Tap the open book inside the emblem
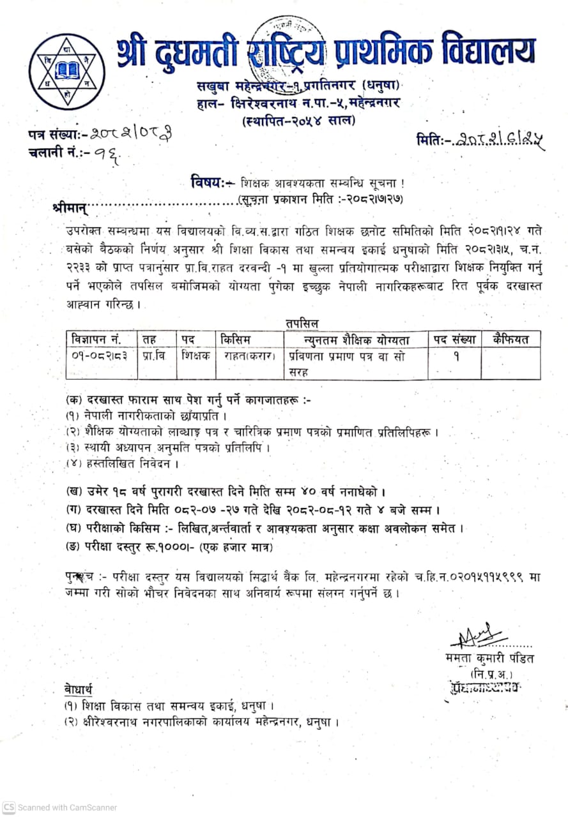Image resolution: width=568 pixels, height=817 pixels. pyautogui.click(x=66, y=69)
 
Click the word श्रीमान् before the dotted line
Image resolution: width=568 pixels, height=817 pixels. pyautogui.click(x=70, y=207)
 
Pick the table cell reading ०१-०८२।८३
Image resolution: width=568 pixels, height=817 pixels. pyautogui.click(x=100, y=356)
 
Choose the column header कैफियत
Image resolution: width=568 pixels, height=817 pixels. pyautogui.click(x=511, y=339)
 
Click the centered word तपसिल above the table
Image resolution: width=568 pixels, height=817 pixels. pyautogui.click(x=303, y=324)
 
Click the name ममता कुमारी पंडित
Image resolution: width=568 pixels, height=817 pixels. pyautogui.click(x=490, y=658)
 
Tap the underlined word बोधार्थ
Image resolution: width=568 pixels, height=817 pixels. pyautogui.click(x=78, y=689)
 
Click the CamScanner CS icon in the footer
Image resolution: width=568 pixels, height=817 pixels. pyautogui.click(x=8, y=807)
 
